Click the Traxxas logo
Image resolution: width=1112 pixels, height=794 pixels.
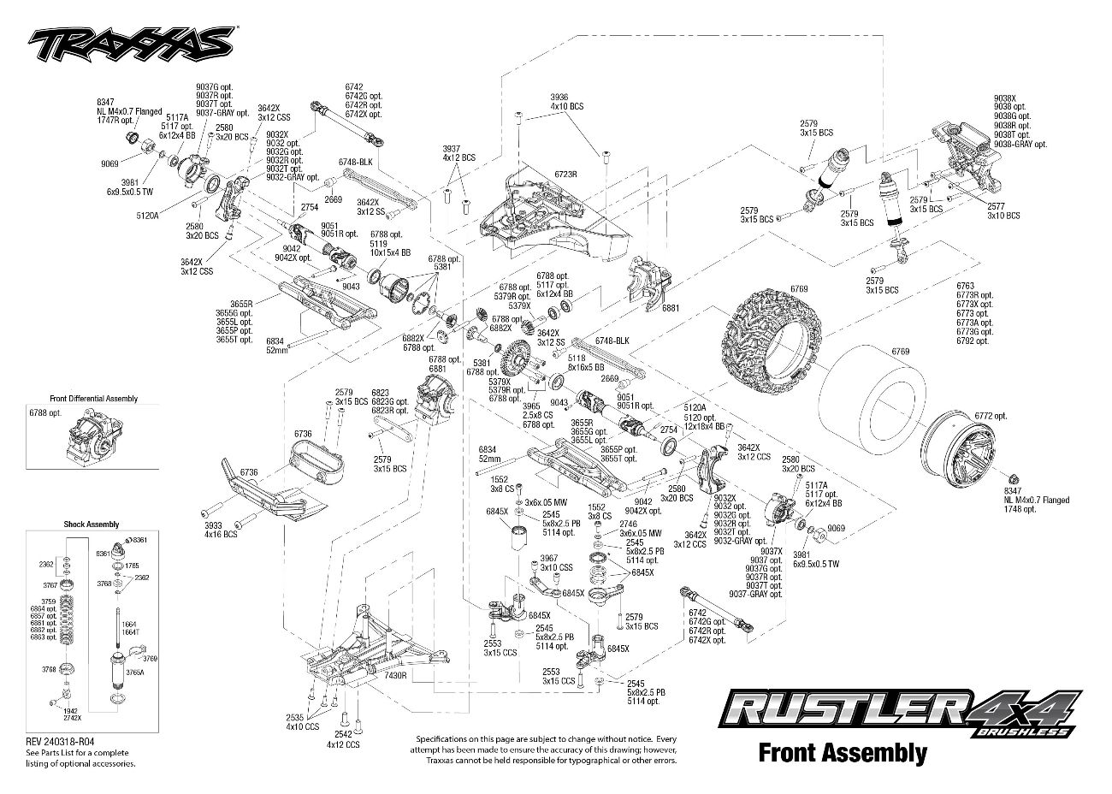[129, 41]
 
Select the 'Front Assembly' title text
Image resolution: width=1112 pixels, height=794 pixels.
[842, 753]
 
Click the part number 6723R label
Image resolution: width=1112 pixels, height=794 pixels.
[565, 174]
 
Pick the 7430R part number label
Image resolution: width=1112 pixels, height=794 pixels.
[394, 676]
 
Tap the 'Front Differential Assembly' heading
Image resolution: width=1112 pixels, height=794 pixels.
[93, 399]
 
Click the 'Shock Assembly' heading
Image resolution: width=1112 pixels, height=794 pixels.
[92, 524]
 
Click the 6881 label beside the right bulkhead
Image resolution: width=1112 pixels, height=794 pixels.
[670, 307]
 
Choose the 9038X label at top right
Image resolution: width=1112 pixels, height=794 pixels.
[1005, 98]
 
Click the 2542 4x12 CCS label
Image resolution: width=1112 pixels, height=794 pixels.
[343, 739]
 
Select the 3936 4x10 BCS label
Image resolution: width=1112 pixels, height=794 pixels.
[566, 101]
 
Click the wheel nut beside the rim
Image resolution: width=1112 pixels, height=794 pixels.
[1013, 479]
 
